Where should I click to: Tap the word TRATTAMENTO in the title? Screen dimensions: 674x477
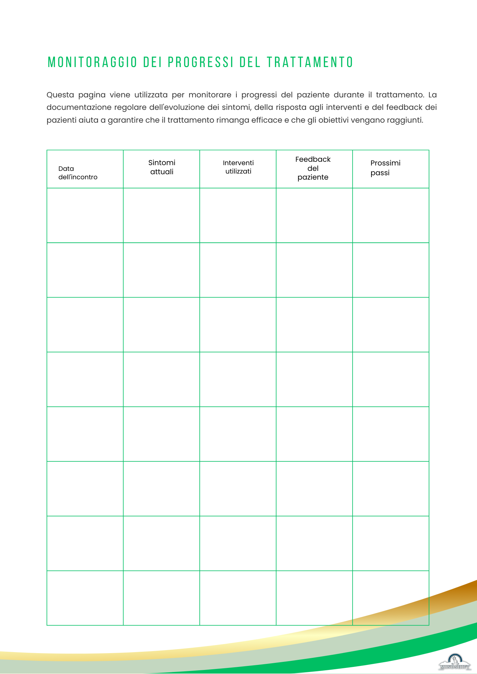pos(310,62)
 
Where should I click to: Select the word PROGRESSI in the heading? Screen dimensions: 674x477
pos(201,62)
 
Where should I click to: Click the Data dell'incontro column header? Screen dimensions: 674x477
pos(78,173)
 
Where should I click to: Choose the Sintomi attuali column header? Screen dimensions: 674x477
pos(162,167)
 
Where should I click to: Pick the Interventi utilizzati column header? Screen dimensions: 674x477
pos(238,167)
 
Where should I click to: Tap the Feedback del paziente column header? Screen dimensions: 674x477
pos(313,168)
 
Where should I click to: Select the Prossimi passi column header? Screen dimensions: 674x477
pos(385,168)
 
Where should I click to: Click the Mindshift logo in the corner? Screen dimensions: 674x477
pos(455,662)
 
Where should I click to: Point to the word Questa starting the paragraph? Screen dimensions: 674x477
pos(60,95)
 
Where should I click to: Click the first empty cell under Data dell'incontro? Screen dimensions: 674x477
pos(85,215)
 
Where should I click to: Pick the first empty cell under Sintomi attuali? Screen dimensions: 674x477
pos(162,215)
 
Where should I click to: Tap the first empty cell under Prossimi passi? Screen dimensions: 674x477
pos(391,215)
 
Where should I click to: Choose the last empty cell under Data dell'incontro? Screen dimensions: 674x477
pos(85,598)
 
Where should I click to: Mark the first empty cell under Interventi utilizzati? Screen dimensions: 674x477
pos(238,215)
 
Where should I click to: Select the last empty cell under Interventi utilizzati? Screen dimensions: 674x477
pos(238,598)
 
